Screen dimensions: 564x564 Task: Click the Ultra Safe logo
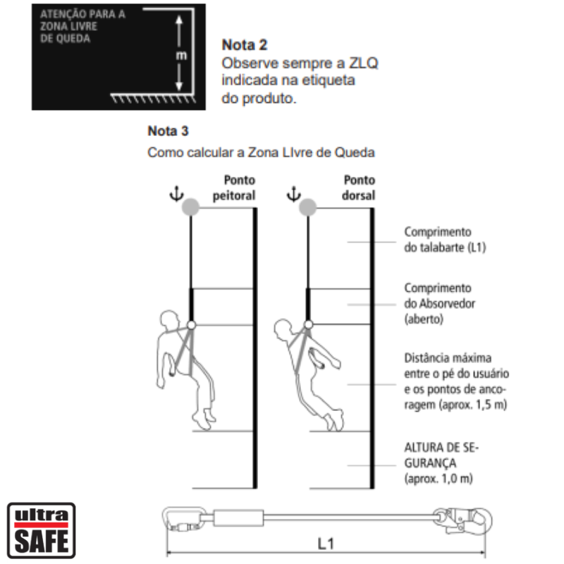tap(42, 530)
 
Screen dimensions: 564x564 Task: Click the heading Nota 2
tap(245, 45)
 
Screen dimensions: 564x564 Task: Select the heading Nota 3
tap(168, 131)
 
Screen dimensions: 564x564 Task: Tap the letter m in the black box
tap(181, 56)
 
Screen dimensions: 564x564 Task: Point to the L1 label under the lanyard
tap(326, 544)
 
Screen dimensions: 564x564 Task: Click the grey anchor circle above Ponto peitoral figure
tap(190, 207)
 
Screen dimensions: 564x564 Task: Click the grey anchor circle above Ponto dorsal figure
tap(307, 207)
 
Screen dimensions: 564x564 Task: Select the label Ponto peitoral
tap(234, 188)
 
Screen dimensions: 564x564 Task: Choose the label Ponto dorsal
tap(359, 188)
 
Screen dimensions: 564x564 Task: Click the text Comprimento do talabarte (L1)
tap(445, 240)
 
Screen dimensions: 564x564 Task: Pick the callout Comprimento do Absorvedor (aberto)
tap(439, 304)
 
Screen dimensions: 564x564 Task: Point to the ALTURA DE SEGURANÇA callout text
tap(441, 463)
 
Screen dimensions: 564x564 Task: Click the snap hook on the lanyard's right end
tap(462, 520)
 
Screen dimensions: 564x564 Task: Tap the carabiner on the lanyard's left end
tap(184, 519)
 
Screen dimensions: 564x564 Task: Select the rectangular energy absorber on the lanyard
tap(238, 518)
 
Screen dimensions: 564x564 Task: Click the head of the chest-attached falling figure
tap(169, 320)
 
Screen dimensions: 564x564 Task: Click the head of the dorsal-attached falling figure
tap(283, 329)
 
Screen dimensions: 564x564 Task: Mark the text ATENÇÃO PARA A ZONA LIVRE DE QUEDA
tap(82, 26)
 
